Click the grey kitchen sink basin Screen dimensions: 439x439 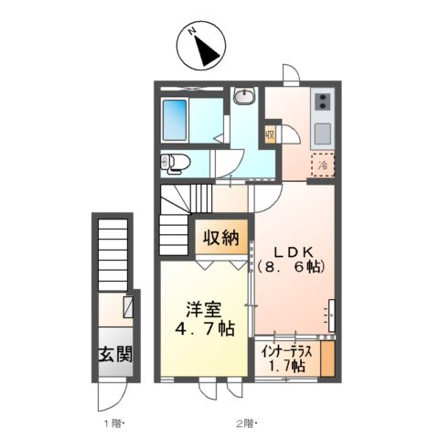tap(324, 134)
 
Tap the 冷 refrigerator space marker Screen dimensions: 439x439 tap(324, 166)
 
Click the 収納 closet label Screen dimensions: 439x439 tap(220, 238)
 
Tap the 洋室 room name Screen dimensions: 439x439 tap(200, 309)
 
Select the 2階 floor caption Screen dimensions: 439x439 tap(246, 423)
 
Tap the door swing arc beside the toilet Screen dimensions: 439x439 tap(225, 165)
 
